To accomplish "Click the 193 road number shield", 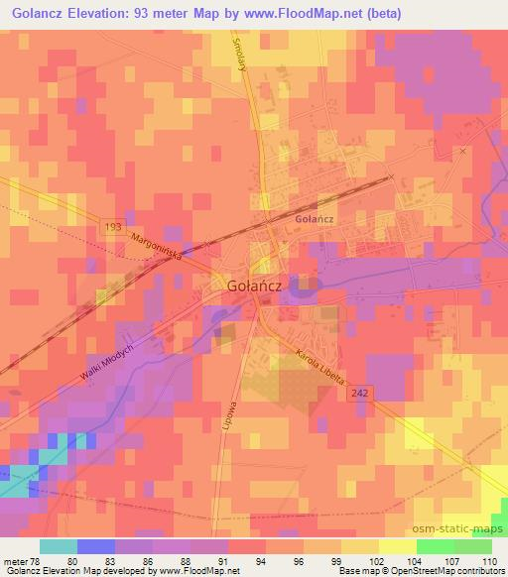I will click(114, 228).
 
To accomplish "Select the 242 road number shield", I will click(361, 394).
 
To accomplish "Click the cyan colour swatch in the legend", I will click(59, 546).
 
